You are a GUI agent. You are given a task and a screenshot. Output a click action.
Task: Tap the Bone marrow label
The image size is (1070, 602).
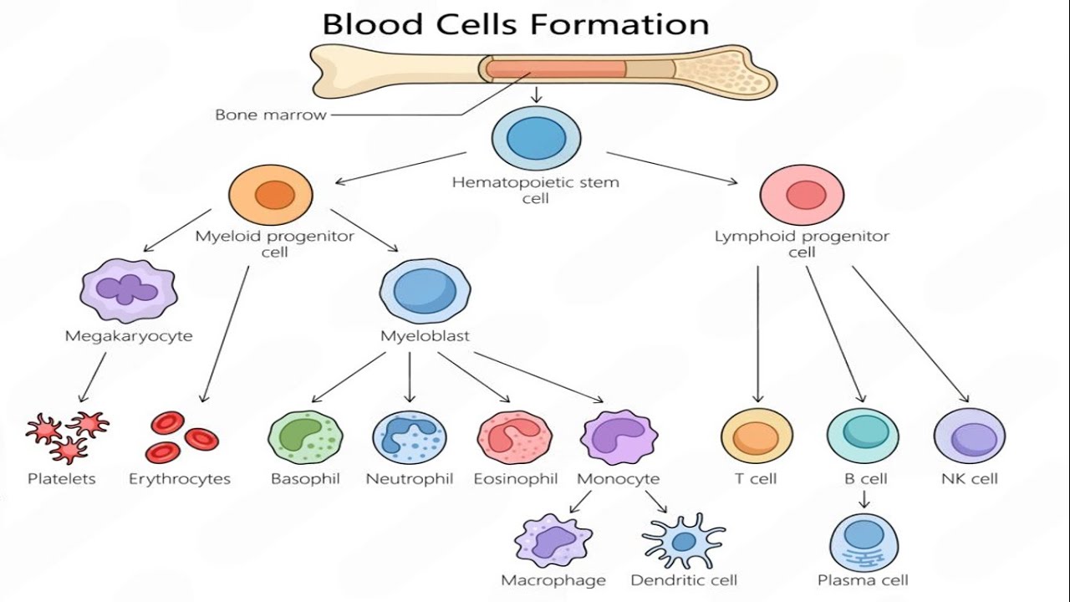click(270, 115)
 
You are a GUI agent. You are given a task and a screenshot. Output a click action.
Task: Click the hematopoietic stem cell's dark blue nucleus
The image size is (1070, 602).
click(537, 139)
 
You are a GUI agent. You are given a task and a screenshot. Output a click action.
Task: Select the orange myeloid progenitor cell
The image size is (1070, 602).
click(270, 195)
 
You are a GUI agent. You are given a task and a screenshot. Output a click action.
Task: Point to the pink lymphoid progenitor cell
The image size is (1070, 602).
click(802, 195)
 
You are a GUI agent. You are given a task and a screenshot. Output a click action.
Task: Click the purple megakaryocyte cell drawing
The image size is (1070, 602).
click(129, 290)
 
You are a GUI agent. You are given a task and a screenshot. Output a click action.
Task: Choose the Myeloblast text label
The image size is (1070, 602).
click(425, 336)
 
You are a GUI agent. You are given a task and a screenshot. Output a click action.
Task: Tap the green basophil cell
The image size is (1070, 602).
click(306, 437)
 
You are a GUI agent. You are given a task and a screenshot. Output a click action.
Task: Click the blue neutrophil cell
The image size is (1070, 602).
click(410, 437)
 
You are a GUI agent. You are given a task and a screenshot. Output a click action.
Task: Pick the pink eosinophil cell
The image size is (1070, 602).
click(515, 437)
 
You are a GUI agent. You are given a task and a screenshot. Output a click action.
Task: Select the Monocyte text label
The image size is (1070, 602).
click(619, 479)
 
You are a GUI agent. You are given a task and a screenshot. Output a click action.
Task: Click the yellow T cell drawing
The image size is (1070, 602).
click(757, 436)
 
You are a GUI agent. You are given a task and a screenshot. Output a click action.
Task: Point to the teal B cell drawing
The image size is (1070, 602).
click(864, 436)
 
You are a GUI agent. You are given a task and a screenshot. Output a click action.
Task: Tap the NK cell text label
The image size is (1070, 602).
click(970, 479)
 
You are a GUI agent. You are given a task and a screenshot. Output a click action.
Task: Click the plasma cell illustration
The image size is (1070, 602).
click(864, 543)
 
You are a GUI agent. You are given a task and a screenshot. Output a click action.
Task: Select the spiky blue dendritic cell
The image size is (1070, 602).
click(684, 541)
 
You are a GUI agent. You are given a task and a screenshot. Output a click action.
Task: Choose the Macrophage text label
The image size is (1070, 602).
click(553, 580)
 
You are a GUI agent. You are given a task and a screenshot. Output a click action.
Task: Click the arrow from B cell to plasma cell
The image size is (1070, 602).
click(864, 498)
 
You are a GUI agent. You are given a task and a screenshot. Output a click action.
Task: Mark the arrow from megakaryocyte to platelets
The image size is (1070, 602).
click(93, 377)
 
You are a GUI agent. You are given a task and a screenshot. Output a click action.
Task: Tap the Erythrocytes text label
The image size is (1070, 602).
click(180, 479)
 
